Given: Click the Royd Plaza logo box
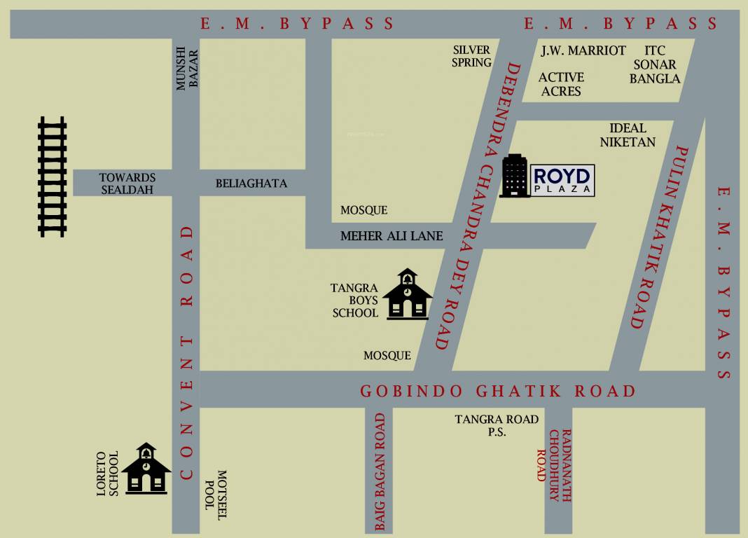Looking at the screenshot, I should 563,180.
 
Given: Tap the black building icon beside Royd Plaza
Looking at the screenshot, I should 515,176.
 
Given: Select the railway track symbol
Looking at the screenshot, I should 53,177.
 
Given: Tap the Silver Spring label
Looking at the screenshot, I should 471,56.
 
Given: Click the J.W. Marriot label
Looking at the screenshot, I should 583,50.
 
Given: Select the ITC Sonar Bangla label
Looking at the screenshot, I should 655,64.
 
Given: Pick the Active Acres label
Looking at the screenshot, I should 561,84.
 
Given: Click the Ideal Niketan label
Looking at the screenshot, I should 628,135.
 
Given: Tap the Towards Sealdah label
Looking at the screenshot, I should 127,184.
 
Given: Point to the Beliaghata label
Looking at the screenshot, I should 251,184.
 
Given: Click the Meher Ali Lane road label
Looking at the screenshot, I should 392,236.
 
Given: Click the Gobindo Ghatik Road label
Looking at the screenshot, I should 497,391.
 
